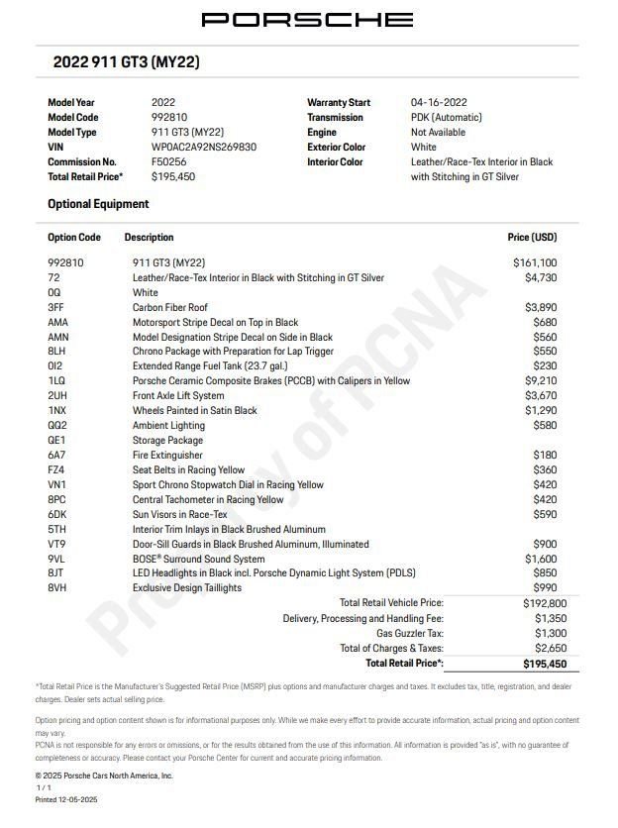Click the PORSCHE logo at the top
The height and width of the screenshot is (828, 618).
point(307,20)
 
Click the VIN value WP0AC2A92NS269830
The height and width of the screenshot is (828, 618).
point(203,147)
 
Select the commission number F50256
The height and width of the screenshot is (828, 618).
point(168,161)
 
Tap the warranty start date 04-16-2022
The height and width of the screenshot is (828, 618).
point(439,102)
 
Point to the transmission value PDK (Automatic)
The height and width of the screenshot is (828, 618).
point(447,117)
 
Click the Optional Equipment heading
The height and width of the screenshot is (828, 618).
point(98,204)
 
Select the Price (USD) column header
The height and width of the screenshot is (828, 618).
point(532,238)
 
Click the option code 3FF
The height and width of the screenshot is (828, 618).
point(57,307)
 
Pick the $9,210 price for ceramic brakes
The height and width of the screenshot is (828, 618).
point(540,380)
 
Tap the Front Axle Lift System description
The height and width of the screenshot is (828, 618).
point(178,395)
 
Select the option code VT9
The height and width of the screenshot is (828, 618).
point(57,544)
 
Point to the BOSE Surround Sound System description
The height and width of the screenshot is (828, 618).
point(198,559)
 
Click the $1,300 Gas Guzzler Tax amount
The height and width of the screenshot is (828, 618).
point(552,633)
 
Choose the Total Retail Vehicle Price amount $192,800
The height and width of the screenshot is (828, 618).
point(546,602)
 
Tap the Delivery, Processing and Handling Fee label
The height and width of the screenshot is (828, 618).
point(363,618)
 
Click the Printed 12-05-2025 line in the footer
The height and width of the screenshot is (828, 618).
point(66,798)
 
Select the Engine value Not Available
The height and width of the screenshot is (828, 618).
point(438,132)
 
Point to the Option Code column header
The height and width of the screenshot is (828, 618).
point(74,238)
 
